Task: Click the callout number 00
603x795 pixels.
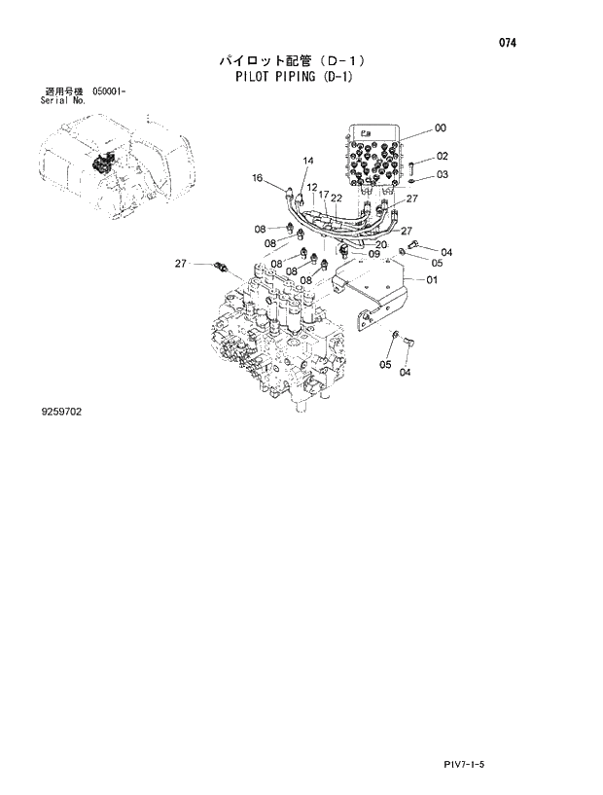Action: pyautogui.click(x=441, y=128)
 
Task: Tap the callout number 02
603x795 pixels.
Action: pyautogui.click(x=443, y=156)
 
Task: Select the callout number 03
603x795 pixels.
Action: pyautogui.click(x=443, y=175)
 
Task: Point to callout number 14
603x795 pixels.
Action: pyautogui.click(x=308, y=161)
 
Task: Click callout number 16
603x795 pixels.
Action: pyautogui.click(x=258, y=178)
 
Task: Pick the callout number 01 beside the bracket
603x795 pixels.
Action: pyautogui.click(x=432, y=280)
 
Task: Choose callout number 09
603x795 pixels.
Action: pyautogui.click(x=373, y=255)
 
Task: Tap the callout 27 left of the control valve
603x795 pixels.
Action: pyautogui.click(x=181, y=264)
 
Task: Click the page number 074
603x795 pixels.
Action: pyautogui.click(x=506, y=44)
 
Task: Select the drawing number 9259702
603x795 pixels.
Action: pyautogui.click(x=61, y=412)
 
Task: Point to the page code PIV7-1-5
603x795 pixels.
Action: pyautogui.click(x=463, y=765)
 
